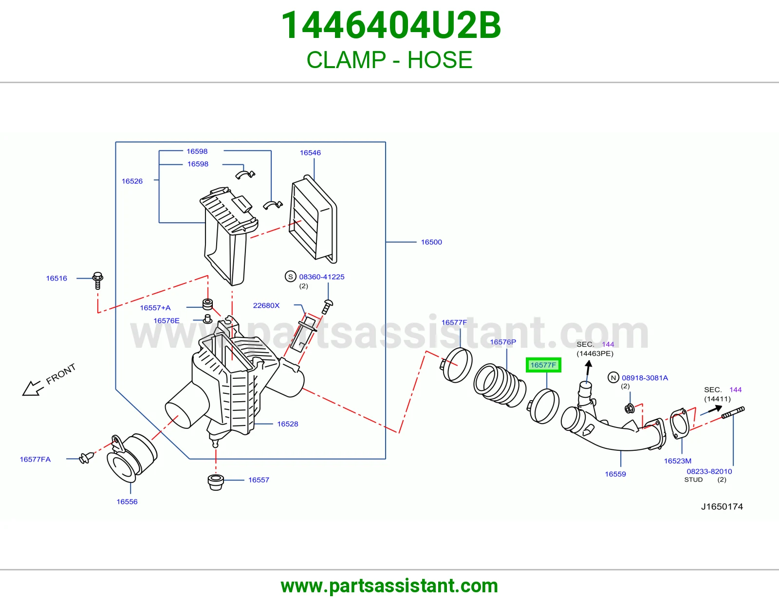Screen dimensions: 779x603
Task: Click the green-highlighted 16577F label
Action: point(543,365)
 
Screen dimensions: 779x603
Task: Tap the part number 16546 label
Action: point(310,153)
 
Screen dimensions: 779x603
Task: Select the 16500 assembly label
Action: point(431,242)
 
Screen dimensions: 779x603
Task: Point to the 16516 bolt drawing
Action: point(97,281)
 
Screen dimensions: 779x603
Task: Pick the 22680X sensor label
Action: point(266,305)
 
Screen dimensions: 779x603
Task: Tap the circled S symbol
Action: point(290,276)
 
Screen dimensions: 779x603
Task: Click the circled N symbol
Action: point(613,377)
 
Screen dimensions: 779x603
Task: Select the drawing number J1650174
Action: point(722,506)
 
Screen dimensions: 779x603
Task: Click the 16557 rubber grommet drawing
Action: point(216,482)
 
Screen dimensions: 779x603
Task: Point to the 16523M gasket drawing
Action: point(679,425)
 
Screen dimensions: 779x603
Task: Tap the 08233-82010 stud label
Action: point(709,471)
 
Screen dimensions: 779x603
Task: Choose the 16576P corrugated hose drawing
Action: point(500,385)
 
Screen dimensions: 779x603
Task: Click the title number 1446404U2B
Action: point(391,25)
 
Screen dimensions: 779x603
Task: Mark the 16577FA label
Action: point(35,460)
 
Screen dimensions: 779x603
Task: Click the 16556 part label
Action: point(127,502)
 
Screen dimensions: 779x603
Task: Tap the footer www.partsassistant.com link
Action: point(389,586)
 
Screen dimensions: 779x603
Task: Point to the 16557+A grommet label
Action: point(155,308)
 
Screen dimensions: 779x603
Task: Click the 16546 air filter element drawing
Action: point(313,219)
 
